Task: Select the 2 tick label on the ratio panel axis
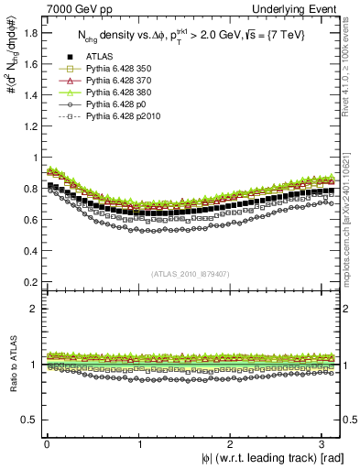pos(30,309)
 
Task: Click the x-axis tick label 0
pos(47,443)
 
